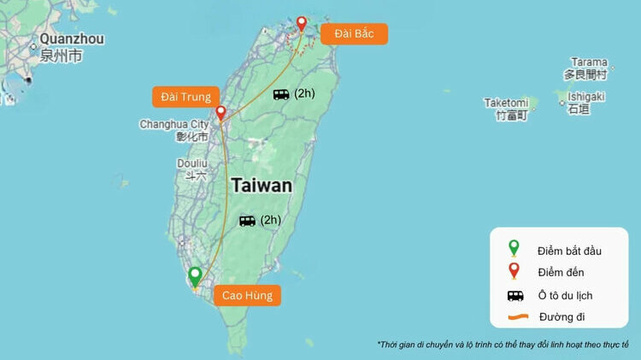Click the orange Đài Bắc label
coord(354,33)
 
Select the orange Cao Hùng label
coord(246,296)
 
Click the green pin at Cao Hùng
coord(196,276)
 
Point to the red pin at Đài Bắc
coord(301,24)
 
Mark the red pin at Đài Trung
coord(221,113)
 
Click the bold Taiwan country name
coord(262,186)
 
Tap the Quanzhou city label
coord(72,39)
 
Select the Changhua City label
coord(174,124)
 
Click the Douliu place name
coord(192,163)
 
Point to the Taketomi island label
coord(506,103)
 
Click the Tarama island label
coord(590,62)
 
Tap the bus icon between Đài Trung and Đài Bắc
coord(281,94)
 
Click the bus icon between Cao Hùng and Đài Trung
coord(247,221)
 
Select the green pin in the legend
coord(514,249)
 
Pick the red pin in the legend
coord(514,272)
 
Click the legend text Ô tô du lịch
coord(565,295)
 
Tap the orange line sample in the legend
coord(515,317)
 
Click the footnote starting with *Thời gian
coord(503,345)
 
